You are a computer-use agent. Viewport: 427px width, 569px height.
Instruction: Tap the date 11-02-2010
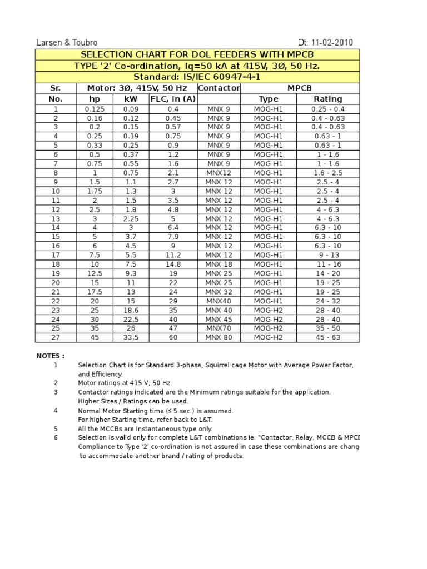pos(325,43)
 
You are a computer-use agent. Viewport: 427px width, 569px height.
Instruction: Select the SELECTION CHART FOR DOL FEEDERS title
pos(197,54)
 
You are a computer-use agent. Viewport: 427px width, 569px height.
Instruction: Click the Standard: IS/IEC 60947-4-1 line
pos(197,77)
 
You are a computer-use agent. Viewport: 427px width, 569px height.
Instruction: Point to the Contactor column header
pos(219,88)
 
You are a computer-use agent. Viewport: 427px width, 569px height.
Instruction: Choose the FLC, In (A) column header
pos(173,99)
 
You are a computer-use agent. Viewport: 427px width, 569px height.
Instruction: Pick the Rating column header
pos(328,99)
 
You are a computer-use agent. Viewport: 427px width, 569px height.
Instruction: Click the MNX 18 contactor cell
pos(219,264)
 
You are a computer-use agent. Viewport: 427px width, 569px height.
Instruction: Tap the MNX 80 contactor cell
pos(219,337)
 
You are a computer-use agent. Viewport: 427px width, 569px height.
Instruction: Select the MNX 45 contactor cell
pos(219,319)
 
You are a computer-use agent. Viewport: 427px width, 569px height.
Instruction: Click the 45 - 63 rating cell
pos(328,337)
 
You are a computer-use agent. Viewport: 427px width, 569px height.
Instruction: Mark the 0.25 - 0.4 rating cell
pos(328,109)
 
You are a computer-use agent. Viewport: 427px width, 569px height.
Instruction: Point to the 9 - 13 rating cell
pos(328,255)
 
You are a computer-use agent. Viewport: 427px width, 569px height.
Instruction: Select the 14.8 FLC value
pos(173,264)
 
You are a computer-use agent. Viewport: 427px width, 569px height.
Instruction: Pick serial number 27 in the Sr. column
pos(56,337)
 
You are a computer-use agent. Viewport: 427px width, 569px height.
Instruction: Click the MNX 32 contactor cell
pos(219,292)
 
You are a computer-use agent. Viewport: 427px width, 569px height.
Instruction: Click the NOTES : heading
pos(51,356)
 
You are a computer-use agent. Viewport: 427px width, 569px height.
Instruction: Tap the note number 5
pos(56,429)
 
